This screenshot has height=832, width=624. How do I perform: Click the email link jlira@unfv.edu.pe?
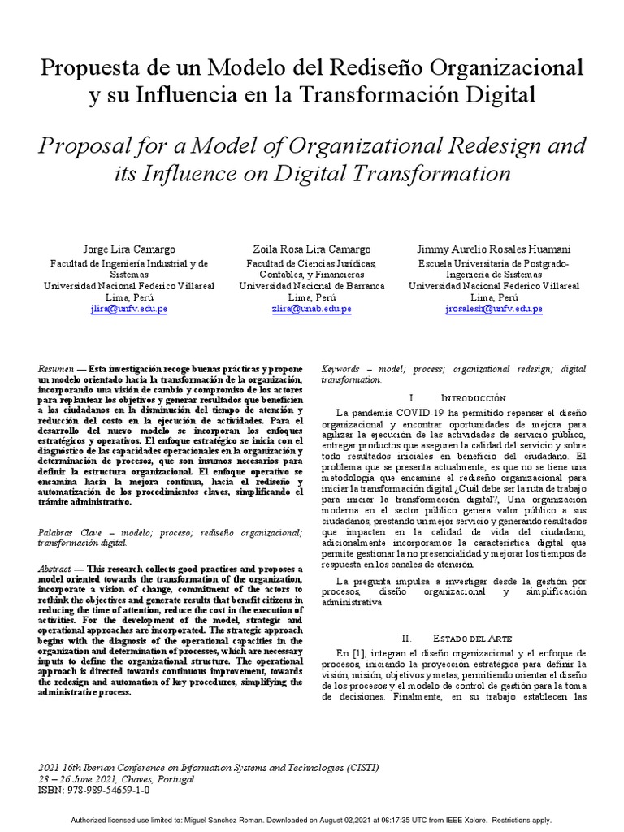click(129, 310)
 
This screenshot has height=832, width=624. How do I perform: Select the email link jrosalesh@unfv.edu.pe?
click(493, 310)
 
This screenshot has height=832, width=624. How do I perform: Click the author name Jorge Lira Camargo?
click(129, 249)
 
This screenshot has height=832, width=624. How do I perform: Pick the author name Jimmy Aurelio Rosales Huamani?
click(493, 249)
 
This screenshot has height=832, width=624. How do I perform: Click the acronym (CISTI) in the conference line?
click(357, 767)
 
